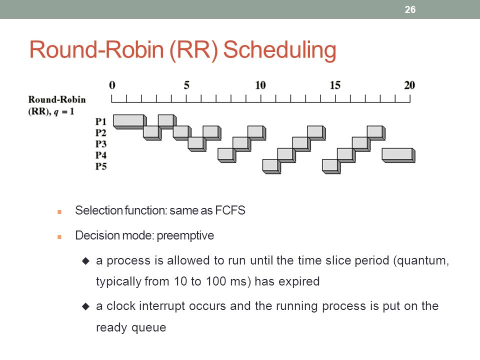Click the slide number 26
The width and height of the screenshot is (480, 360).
[410, 9]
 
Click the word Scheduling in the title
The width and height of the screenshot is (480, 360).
[280, 50]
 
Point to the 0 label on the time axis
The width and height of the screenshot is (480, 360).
[112, 85]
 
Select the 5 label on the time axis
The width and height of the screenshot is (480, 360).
[186, 85]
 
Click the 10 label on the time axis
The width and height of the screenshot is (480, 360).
[260, 85]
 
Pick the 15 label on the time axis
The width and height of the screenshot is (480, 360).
[335, 85]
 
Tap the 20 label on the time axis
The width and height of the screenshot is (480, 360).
[409, 85]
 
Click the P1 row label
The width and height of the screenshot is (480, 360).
[100, 121]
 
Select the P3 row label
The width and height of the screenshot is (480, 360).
[100, 144]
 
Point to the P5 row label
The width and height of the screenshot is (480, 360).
[100, 166]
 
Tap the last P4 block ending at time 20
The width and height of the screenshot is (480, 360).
[398, 155]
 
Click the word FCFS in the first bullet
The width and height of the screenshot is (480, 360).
[230, 210]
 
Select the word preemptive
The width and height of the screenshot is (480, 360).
[185, 236]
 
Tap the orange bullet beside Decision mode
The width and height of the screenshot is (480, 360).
[59, 236]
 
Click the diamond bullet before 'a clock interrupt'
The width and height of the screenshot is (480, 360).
[85, 306]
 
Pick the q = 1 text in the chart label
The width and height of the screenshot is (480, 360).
[63, 111]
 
